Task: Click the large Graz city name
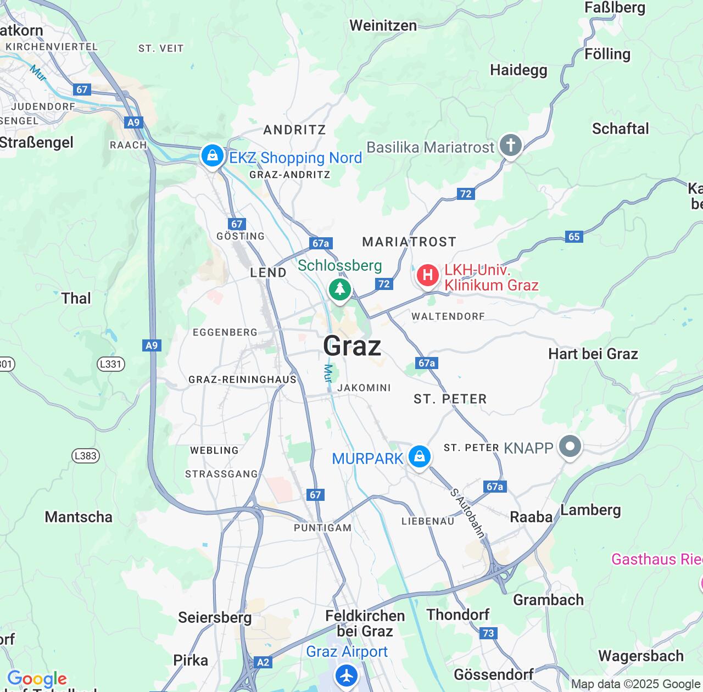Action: (x=352, y=346)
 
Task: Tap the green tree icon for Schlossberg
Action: (x=340, y=289)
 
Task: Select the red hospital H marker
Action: (x=427, y=275)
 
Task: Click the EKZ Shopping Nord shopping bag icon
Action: (x=212, y=156)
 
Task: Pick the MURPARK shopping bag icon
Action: (x=420, y=456)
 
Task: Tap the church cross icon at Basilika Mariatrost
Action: (x=511, y=146)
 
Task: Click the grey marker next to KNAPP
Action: (x=570, y=446)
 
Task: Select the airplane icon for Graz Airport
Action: (x=347, y=675)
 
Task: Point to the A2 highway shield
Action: (x=263, y=662)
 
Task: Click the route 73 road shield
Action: (x=488, y=633)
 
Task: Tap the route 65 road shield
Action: (x=574, y=237)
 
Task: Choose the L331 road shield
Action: (x=111, y=364)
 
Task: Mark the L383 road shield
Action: (x=85, y=455)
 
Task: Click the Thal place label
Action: (x=76, y=298)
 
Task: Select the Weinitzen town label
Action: (x=383, y=25)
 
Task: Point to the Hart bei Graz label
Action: (x=593, y=354)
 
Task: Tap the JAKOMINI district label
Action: (x=364, y=388)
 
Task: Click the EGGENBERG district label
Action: (x=225, y=332)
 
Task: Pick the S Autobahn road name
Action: (x=467, y=513)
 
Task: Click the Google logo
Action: (x=37, y=679)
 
